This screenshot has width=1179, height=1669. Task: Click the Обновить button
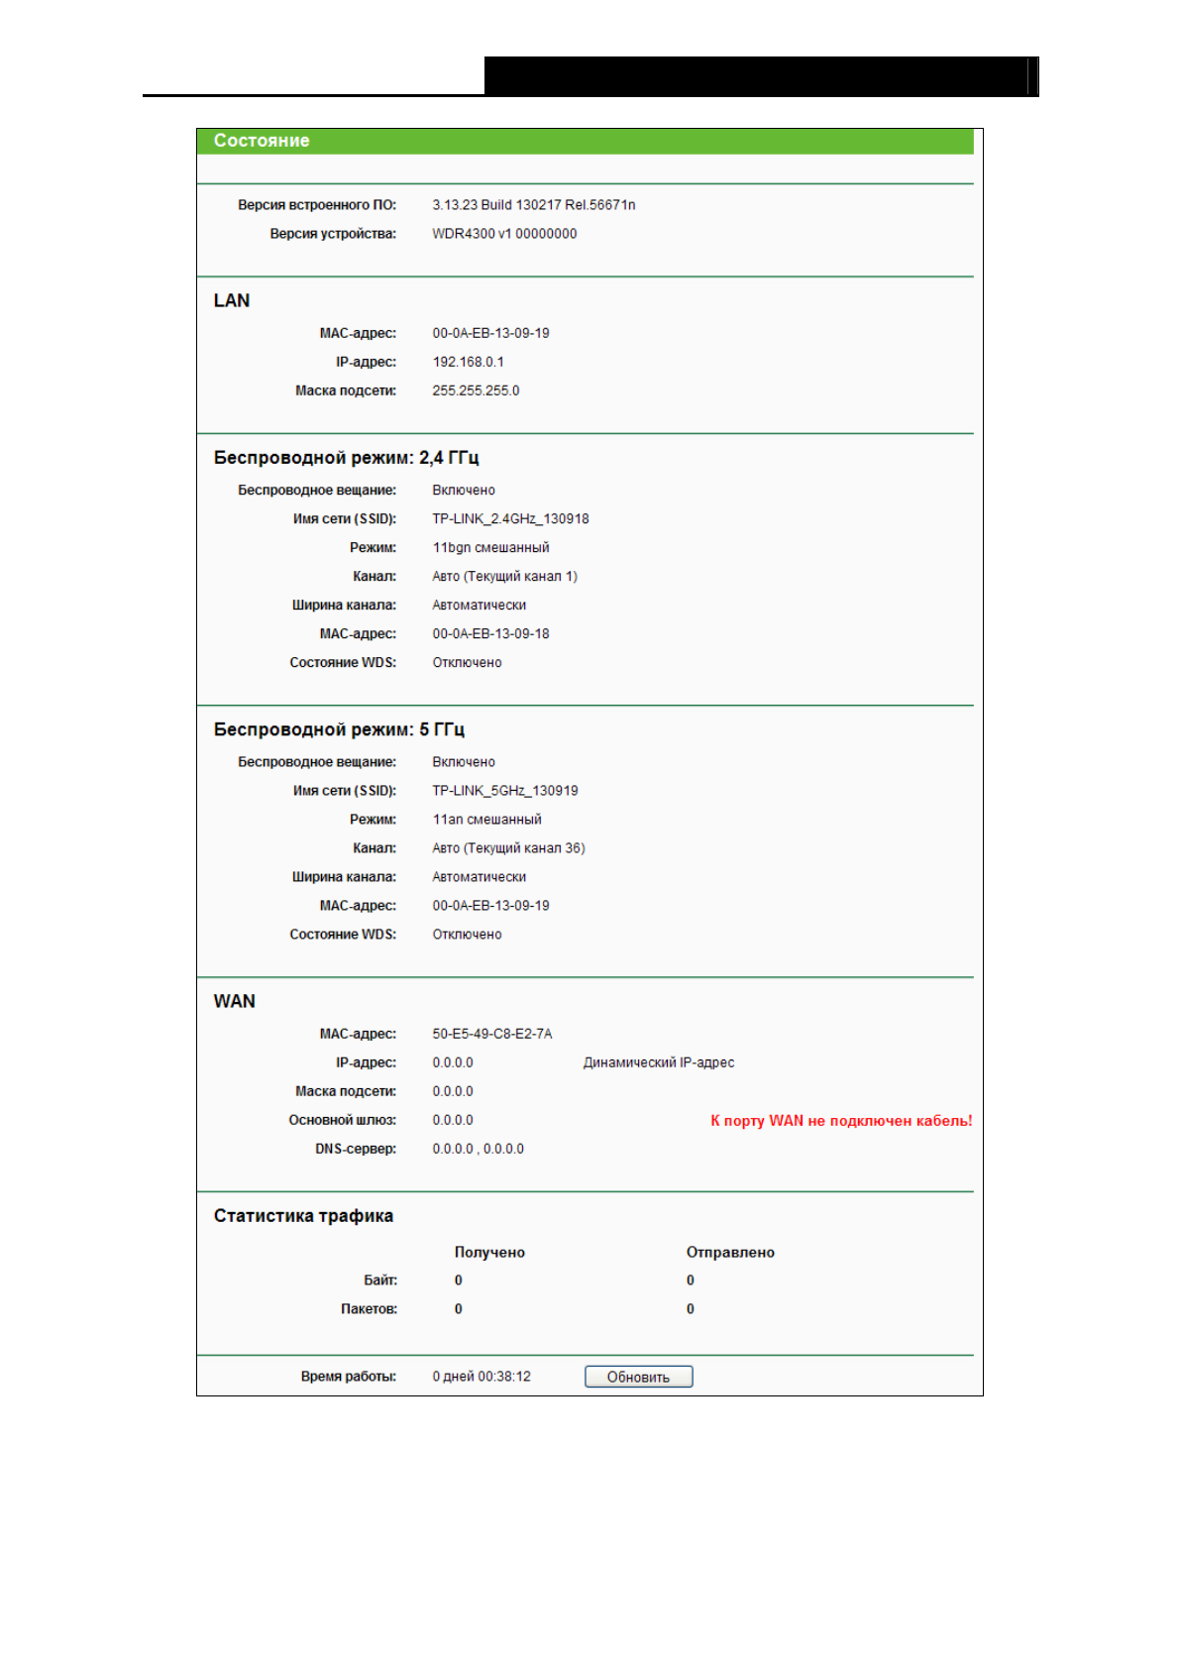(638, 1377)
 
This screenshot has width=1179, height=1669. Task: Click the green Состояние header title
(262, 141)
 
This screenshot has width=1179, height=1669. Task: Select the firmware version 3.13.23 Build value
(533, 205)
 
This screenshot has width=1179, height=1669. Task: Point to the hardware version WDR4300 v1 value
(504, 234)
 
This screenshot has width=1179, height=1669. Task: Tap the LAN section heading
(232, 300)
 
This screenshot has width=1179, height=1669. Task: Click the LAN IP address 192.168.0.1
(468, 362)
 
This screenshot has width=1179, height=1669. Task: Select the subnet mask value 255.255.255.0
(476, 390)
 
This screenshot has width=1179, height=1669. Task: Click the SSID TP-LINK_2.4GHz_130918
(510, 518)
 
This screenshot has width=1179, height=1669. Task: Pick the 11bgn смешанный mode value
(490, 547)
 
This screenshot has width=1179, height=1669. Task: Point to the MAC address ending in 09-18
(490, 633)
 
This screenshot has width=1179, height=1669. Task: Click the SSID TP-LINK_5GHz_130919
(504, 791)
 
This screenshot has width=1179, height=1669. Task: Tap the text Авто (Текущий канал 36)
(508, 848)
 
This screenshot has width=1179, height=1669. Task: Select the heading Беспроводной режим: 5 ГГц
(339, 729)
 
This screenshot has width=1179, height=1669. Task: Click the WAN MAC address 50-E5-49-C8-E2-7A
(491, 1034)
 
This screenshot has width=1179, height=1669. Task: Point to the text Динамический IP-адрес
(659, 1062)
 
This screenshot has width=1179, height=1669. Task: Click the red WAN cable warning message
(841, 1121)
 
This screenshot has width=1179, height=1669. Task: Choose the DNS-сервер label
(356, 1149)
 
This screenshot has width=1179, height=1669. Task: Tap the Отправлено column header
(730, 1253)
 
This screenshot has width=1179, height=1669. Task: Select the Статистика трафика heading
(303, 1216)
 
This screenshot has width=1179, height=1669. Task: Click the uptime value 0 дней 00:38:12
(482, 1377)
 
